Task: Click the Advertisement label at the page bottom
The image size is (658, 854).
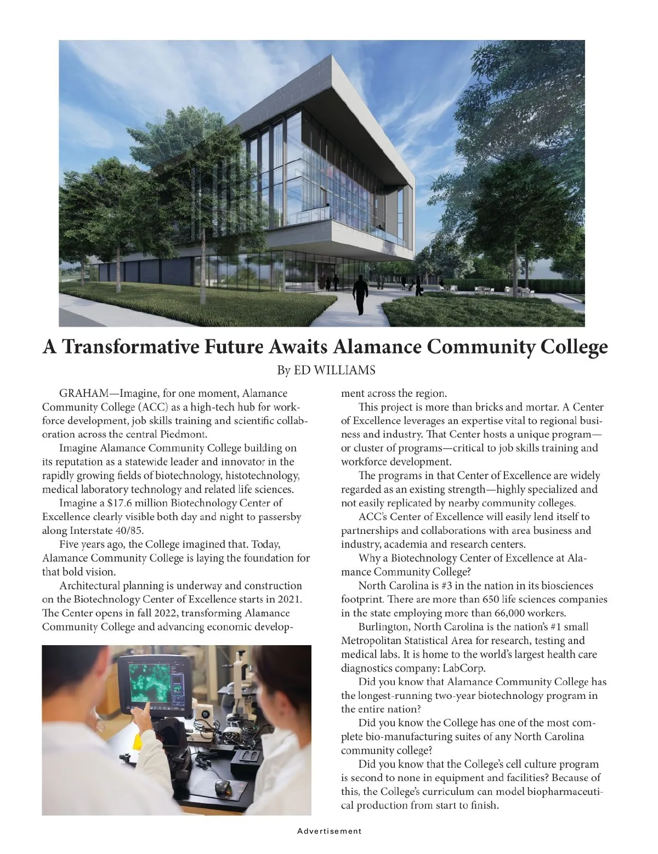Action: click(x=330, y=832)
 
